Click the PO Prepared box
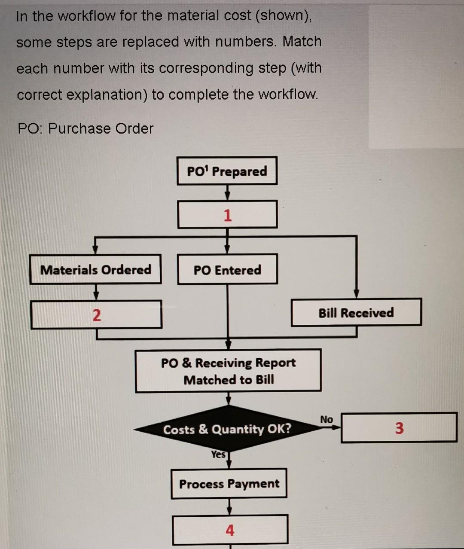pos(227,171)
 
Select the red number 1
pos(227,215)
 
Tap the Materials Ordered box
pos(95,270)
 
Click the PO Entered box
pos(227,270)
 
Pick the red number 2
pos(97,315)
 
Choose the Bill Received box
pos(356,313)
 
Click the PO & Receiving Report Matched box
pos(228,371)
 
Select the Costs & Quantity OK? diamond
pos(227,429)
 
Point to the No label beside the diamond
pos(326,419)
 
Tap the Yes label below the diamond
pos(218,454)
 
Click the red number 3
pos(399,428)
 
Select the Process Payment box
pos(229,484)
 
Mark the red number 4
pos(230,531)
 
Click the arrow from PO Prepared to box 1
pos(227,193)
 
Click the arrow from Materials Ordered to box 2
pos(96,293)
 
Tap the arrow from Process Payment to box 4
pos(230,507)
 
